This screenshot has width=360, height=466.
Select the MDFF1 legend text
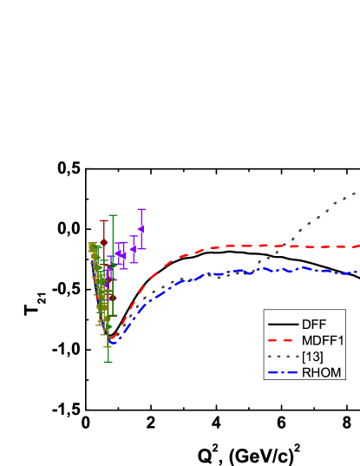(323, 340)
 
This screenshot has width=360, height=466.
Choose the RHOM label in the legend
(322, 373)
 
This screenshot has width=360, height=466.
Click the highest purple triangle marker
(141, 228)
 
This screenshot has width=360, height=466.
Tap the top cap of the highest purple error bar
(141, 209)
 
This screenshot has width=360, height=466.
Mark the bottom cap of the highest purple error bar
(141, 248)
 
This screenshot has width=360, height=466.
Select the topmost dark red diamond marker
(104, 242)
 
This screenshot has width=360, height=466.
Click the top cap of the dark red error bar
(104, 220)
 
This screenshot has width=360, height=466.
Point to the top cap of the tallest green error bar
(112, 215)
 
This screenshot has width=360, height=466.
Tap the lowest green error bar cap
(108, 361)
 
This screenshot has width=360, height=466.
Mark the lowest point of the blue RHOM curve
(112, 344)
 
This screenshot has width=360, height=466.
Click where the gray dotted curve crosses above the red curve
(284, 246)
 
